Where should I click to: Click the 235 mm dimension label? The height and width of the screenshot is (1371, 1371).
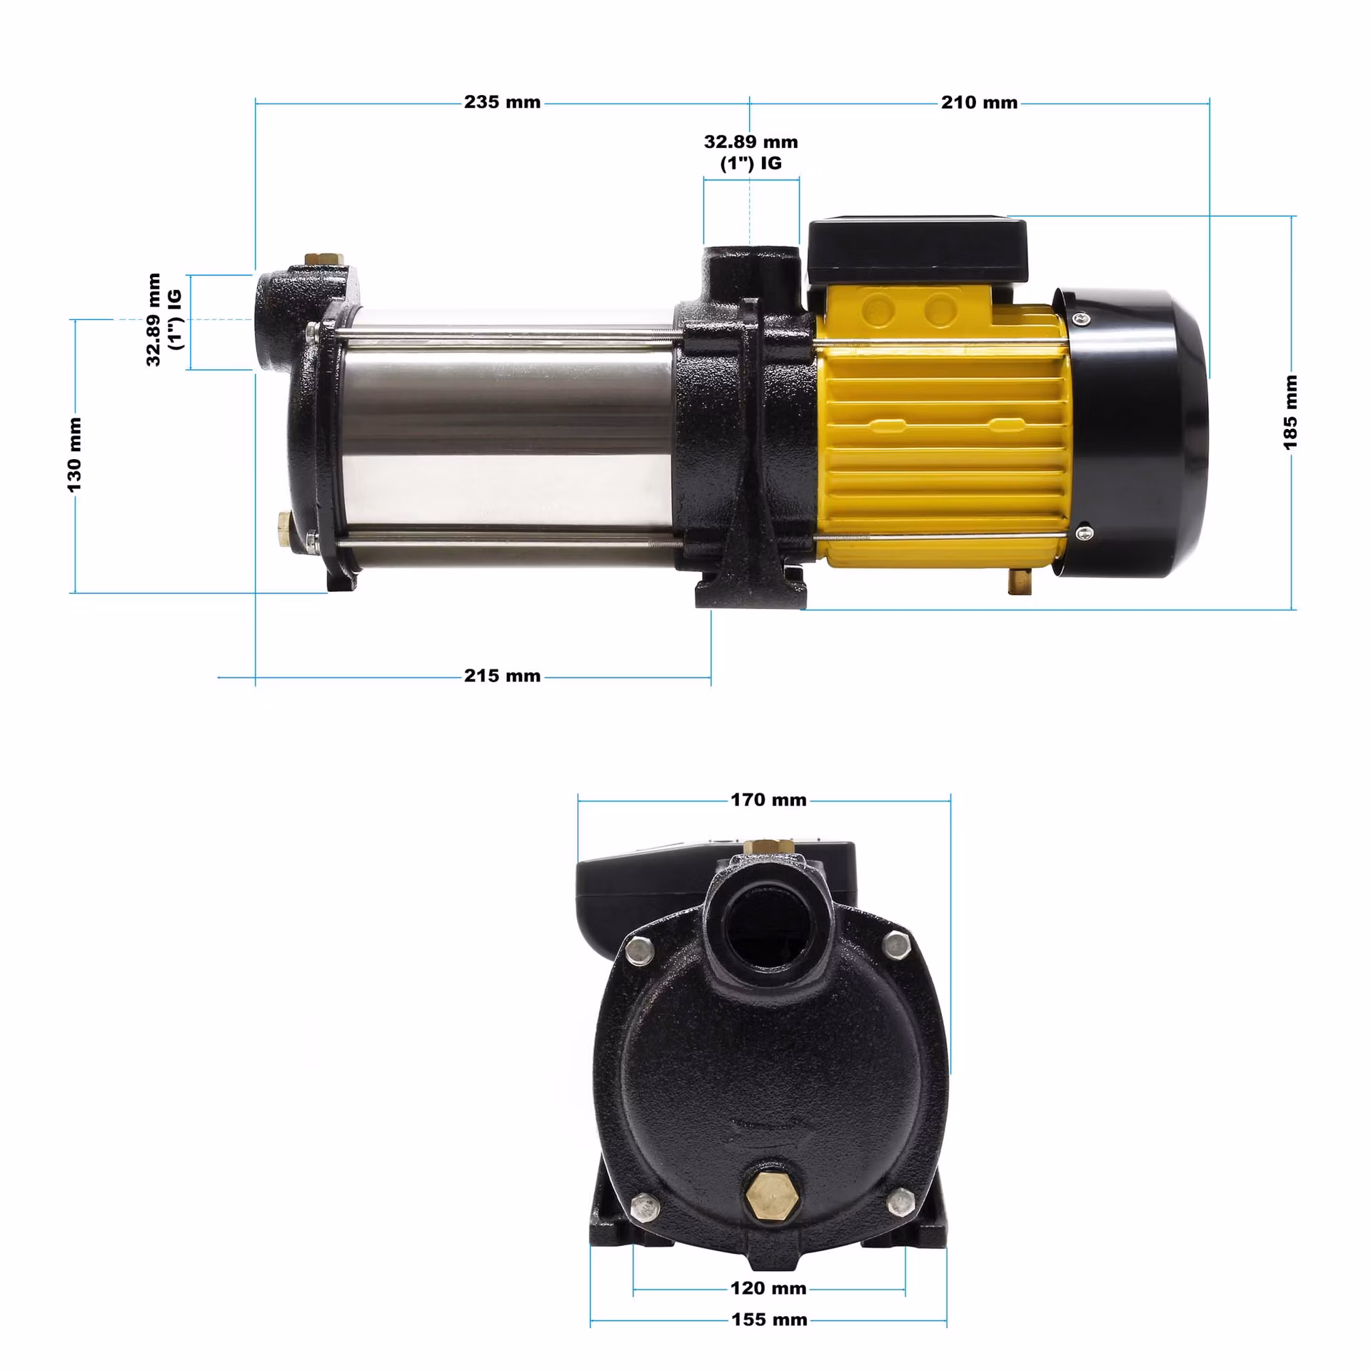[x=502, y=102]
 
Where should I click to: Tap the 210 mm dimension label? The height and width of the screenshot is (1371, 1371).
[x=979, y=102]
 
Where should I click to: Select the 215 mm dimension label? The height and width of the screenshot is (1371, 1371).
[x=502, y=676]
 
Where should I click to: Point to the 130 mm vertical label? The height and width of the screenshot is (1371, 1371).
[x=74, y=455]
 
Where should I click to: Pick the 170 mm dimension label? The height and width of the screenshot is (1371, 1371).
[x=768, y=800]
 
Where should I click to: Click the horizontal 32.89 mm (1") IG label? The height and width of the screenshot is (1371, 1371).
[x=750, y=152]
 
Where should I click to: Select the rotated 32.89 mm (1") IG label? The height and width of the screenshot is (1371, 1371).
[x=164, y=319]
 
